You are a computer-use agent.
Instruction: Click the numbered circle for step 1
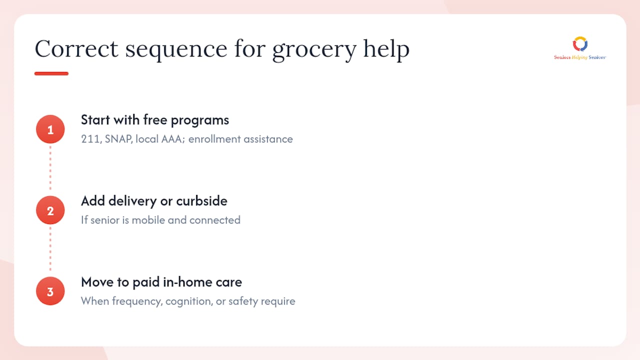point(50,129)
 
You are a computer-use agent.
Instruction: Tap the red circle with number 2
point(50,210)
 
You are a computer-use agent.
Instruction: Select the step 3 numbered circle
point(50,291)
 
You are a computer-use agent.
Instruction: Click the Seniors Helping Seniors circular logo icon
point(580,44)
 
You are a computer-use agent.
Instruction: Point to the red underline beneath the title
point(51,73)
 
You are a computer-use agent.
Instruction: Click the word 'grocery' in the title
point(314,50)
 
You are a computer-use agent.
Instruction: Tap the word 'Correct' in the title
point(76,48)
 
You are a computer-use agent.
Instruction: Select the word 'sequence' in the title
point(176,50)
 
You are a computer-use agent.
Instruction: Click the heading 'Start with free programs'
point(155,120)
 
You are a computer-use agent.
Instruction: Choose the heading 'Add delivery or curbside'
point(154,201)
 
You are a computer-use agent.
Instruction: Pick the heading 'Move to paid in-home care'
point(161,282)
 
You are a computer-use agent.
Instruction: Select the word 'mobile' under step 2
point(148,220)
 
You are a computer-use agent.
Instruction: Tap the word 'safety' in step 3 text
point(243,301)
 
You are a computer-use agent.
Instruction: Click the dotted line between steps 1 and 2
point(50,168)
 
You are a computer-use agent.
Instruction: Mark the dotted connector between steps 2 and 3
point(50,249)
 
